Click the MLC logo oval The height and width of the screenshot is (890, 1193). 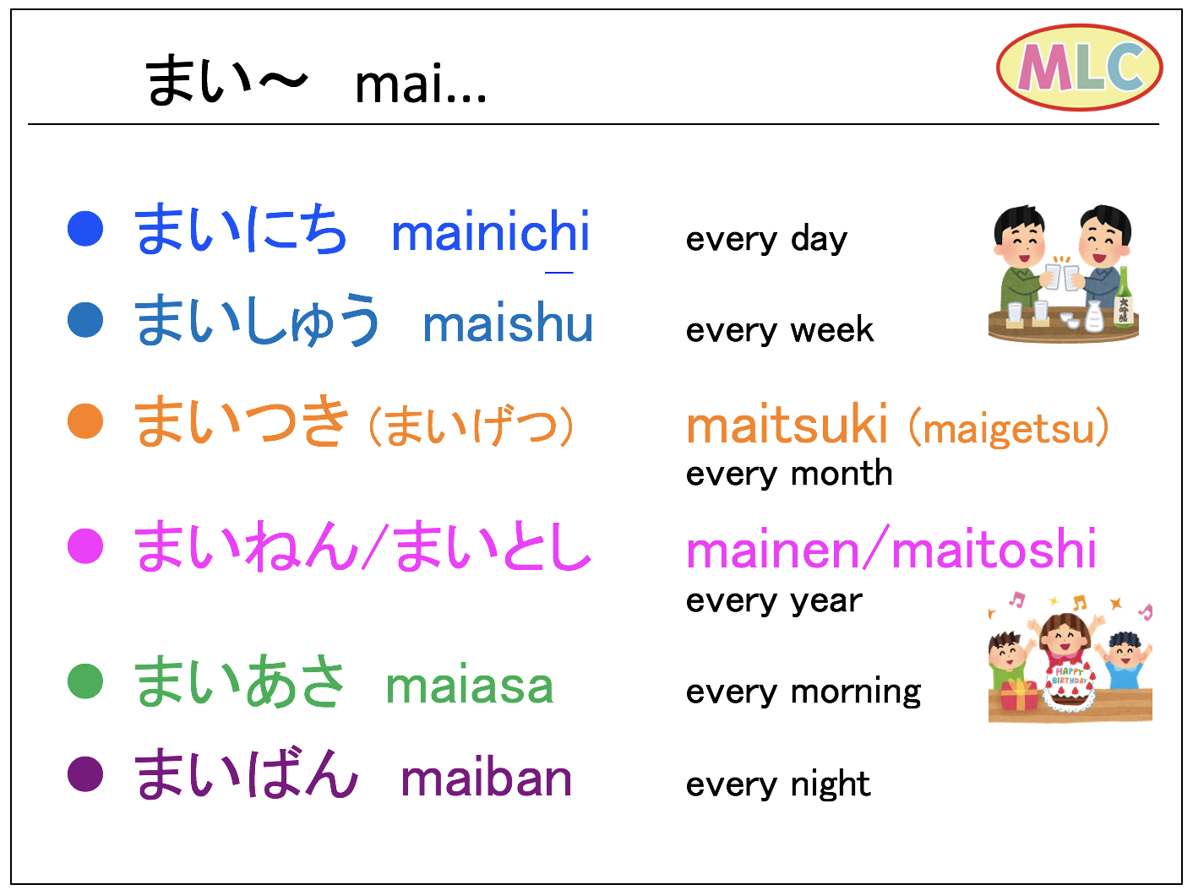pyautogui.click(x=1080, y=68)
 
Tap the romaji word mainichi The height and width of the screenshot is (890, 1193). pyautogui.click(x=490, y=231)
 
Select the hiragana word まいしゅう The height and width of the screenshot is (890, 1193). pyautogui.click(x=256, y=320)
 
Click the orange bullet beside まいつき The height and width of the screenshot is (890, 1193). pyautogui.click(x=85, y=421)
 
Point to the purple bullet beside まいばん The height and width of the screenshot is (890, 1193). pyautogui.click(x=85, y=773)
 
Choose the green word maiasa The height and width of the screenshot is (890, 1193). pyautogui.click(x=470, y=686)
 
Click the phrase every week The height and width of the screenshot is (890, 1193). pyautogui.click(x=780, y=329)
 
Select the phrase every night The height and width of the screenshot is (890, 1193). pyautogui.click(x=778, y=784)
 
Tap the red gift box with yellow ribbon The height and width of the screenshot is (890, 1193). pyautogui.click(x=1019, y=694)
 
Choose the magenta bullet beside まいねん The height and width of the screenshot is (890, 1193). pyautogui.click(x=85, y=545)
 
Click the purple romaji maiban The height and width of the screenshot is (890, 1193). pyautogui.click(x=487, y=778)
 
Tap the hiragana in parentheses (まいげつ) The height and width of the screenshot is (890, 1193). pyautogui.click(x=471, y=426)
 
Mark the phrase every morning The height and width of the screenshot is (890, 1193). pyautogui.click(x=804, y=692)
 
